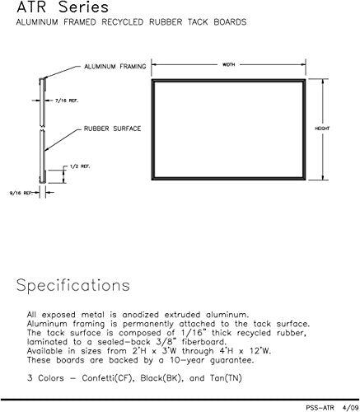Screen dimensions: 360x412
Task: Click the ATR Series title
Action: tap(63, 7)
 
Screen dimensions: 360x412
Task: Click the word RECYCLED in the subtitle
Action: tap(123, 22)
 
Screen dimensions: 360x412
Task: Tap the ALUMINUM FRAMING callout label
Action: tap(115, 67)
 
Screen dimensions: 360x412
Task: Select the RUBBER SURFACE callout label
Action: tap(112, 129)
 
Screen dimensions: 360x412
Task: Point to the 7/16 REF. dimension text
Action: tap(67, 101)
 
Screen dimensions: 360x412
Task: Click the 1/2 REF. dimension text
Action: tap(80, 166)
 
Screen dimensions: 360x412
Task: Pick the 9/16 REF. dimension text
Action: tap(21, 193)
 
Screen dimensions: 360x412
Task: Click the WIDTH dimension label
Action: tap(228, 65)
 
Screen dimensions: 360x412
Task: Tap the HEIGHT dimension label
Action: tap(322, 129)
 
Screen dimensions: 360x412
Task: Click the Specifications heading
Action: tap(73, 286)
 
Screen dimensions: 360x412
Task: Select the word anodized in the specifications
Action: tap(140, 315)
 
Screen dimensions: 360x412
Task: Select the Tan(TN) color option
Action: tap(226, 378)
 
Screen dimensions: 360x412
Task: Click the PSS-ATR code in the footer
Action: tap(320, 407)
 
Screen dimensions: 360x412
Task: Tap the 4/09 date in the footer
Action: tap(350, 407)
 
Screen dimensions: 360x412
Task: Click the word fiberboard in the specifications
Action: tap(203, 342)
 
